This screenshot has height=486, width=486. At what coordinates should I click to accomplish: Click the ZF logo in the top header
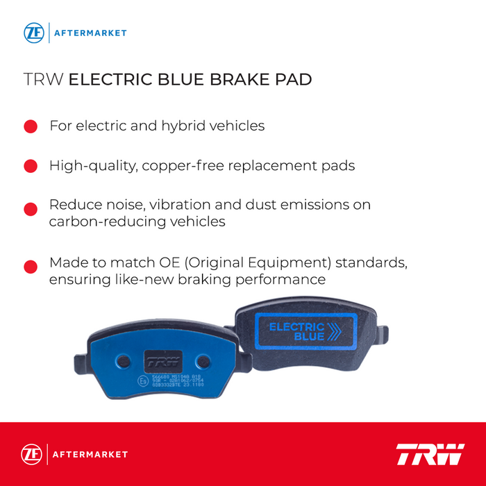33,33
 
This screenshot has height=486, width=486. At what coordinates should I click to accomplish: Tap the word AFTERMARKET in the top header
90,33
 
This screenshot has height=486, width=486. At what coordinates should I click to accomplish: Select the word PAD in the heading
292,79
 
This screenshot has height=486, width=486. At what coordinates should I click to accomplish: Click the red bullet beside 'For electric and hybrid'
31,126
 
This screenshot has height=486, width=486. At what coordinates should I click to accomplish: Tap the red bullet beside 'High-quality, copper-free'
31,167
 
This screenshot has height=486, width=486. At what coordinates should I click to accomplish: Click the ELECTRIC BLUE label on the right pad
296,331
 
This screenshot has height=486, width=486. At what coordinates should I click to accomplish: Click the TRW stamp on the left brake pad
161,361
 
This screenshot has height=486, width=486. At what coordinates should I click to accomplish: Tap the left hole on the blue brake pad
122,361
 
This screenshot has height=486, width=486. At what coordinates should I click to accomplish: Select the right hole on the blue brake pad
202,361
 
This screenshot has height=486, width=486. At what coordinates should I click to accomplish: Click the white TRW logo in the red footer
430,454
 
